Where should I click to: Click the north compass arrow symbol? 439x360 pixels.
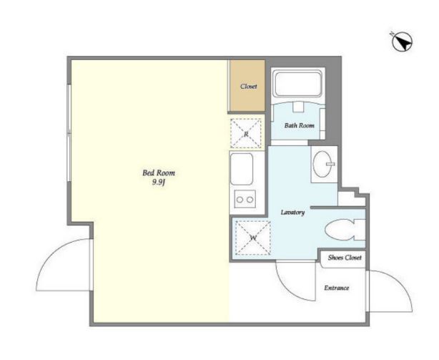(x=402, y=42)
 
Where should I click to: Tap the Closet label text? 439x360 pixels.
(x=249, y=87)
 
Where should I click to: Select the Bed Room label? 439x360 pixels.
(x=159, y=172)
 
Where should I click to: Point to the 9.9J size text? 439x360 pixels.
(x=159, y=183)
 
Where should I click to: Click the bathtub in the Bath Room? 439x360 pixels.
(x=298, y=84)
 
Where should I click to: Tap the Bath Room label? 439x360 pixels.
(x=300, y=125)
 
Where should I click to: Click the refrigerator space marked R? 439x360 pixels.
(x=246, y=133)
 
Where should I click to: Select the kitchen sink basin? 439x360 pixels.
(x=242, y=169)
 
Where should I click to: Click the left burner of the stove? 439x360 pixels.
(x=240, y=200)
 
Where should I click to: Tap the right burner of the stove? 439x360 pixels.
(x=250, y=200)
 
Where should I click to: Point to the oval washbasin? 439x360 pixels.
(x=322, y=164)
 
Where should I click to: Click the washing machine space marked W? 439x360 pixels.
(x=253, y=238)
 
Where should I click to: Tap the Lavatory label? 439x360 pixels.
(x=292, y=213)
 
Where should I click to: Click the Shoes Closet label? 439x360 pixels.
(x=345, y=258)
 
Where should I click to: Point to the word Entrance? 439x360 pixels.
(x=337, y=288)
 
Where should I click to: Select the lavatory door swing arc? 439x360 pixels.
(x=288, y=288)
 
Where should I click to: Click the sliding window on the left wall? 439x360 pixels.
(x=69, y=132)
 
